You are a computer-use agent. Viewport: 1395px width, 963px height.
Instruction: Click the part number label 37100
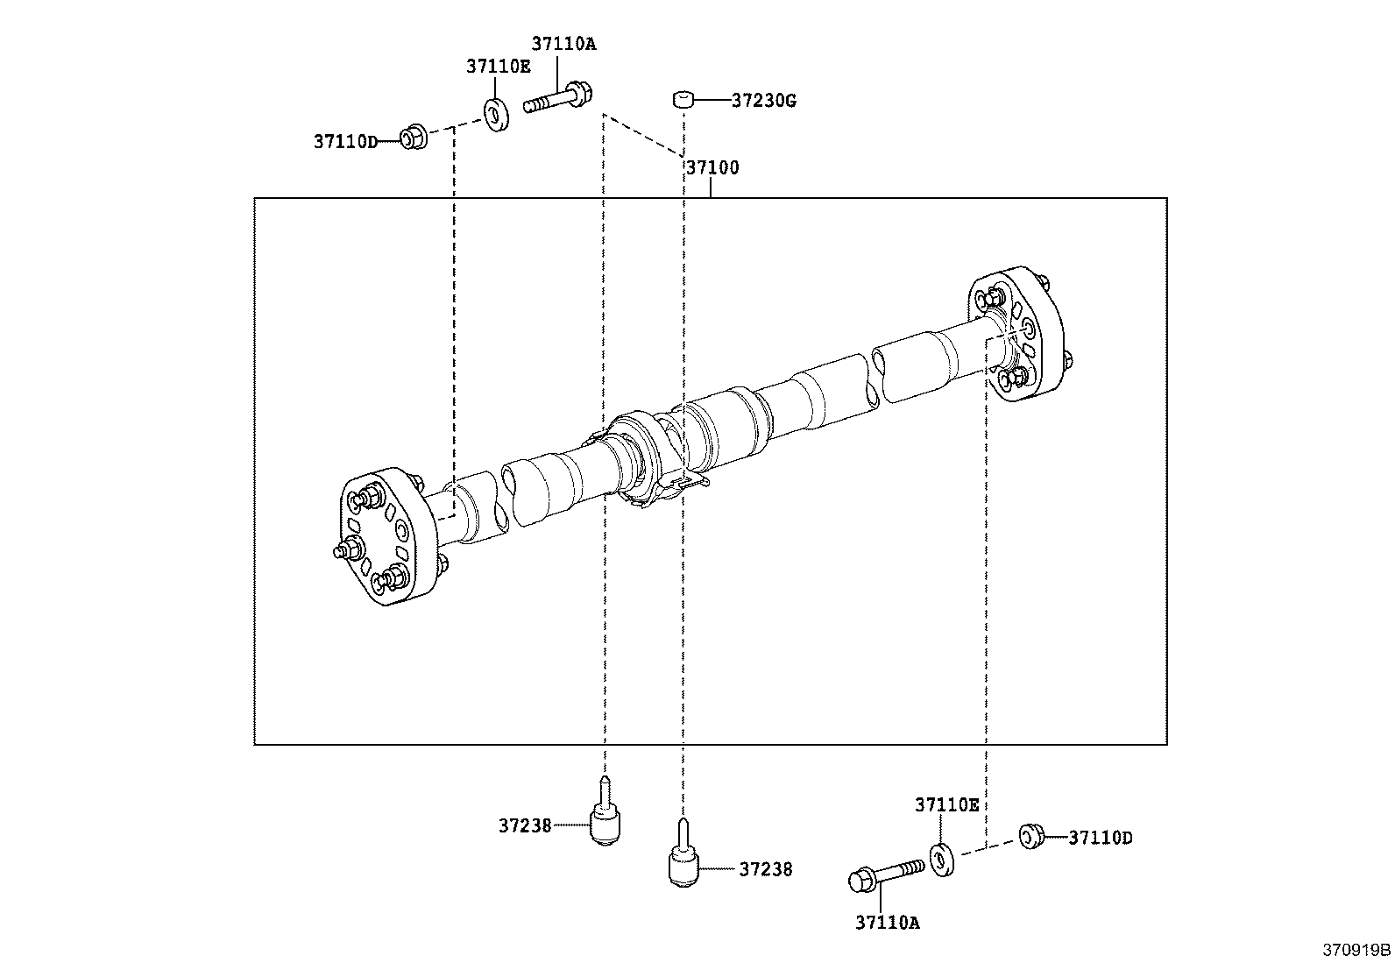(712, 167)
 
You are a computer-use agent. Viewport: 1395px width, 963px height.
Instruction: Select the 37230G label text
(763, 101)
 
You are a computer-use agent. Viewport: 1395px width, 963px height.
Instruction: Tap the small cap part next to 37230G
(683, 100)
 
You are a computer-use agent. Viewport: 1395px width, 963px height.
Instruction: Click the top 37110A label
(563, 44)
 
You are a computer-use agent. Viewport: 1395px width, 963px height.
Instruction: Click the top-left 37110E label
(498, 66)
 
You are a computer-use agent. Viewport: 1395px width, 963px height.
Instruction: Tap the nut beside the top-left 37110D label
(413, 138)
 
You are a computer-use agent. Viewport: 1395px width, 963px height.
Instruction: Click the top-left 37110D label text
(345, 141)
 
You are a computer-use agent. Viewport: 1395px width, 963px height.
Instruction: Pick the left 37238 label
(525, 825)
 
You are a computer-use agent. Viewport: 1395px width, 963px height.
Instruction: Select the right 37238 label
(765, 869)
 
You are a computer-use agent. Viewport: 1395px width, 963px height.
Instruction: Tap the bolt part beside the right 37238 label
(683, 858)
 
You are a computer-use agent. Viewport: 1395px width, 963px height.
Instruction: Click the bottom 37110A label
(888, 922)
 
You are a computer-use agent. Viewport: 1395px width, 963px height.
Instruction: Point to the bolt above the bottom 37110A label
(885, 874)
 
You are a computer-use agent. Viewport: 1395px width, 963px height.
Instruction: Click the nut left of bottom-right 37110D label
(1030, 836)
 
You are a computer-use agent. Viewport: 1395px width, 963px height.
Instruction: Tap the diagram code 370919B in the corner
(1356, 950)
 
